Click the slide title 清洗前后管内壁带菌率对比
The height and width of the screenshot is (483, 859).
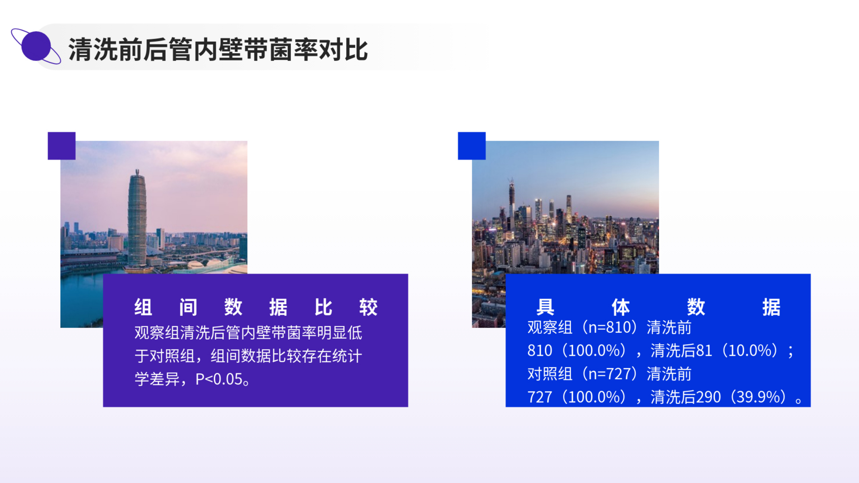click(x=218, y=49)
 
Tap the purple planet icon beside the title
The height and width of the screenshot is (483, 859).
click(x=36, y=46)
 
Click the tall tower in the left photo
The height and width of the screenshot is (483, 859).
click(x=137, y=220)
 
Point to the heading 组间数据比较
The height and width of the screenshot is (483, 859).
click(x=256, y=307)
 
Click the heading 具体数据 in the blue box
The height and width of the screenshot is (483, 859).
click(x=658, y=307)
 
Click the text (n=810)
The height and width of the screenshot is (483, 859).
click(x=610, y=327)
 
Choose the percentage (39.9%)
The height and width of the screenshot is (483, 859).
click(x=759, y=397)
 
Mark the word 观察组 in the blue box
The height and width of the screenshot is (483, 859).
click(x=550, y=327)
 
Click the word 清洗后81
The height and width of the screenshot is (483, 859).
click(x=681, y=350)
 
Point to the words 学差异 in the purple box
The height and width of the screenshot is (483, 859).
click(x=157, y=379)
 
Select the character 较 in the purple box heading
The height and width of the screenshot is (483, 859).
click(x=368, y=307)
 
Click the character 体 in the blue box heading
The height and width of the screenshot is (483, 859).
click(x=621, y=307)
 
